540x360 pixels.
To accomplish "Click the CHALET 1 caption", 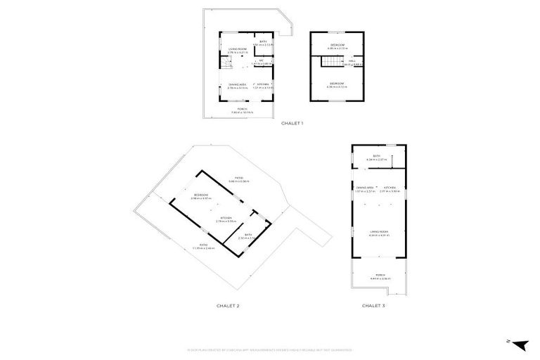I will [292, 123].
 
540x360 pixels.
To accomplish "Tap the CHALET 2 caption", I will [228, 306].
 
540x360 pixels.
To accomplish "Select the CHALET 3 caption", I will [373, 306].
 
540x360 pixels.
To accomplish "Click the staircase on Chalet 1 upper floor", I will [331, 64].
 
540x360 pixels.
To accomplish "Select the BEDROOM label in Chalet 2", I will [202, 195].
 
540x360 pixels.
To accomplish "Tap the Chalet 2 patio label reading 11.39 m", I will [204, 245].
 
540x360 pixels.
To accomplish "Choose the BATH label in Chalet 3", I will [377, 156].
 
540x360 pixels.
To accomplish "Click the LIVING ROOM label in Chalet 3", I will [379, 232].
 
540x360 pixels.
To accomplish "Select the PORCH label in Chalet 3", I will [380, 276].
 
